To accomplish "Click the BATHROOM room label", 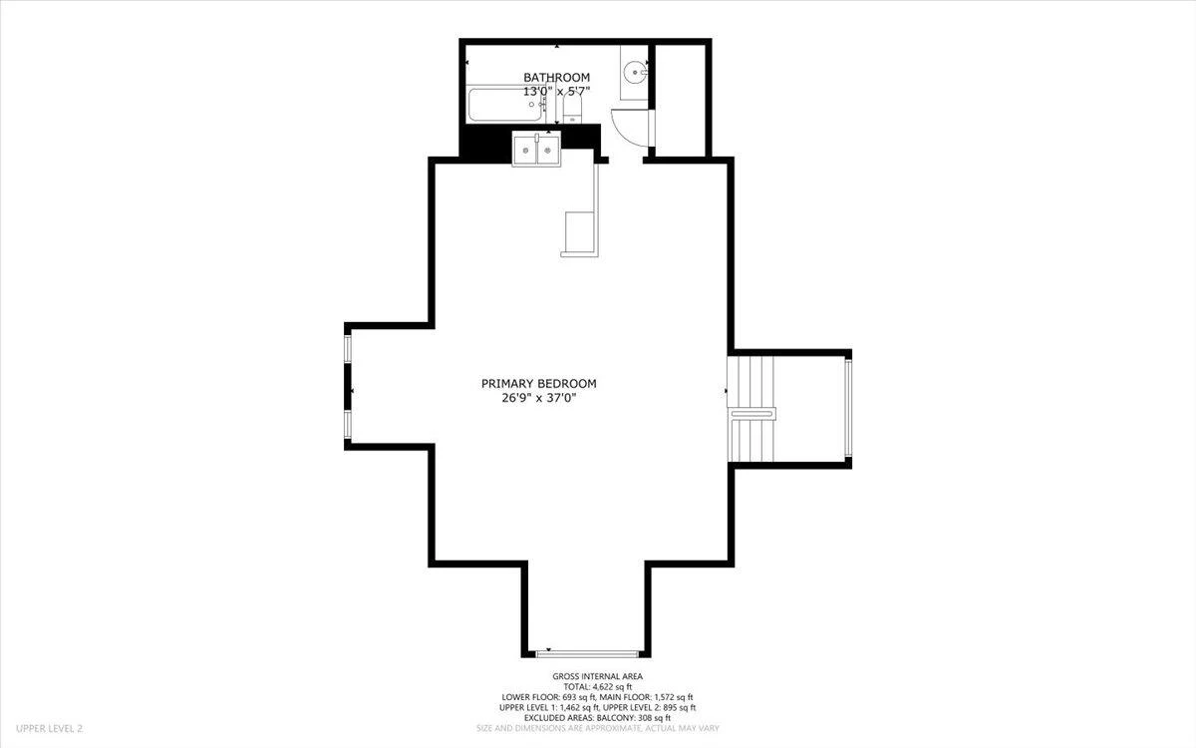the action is click(x=556, y=78).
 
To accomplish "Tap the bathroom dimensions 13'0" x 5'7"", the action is click(x=556, y=92).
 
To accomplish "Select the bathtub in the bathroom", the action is click(x=506, y=105).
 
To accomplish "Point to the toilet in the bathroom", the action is click(x=572, y=108).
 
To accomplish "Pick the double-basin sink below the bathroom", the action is click(x=536, y=149).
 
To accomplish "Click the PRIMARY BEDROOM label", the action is click(x=539, y=384).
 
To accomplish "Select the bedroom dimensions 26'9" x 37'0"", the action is click(x=540, y=398).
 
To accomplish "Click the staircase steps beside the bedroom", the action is click(x=750, y=409).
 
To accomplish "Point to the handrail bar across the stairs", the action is click(x=752, y=414).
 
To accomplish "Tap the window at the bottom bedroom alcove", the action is click(x=587, y=654).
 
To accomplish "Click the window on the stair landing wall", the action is click(x=848, y=409).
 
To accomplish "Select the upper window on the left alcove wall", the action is click(x=348, y=348).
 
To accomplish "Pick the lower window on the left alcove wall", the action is click(x=348, y=425).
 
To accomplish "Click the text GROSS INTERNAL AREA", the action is click(x=597, y=676).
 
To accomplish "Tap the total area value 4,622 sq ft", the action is click(x=612, y=686).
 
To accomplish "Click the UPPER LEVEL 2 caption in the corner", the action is click(x=49, y=728).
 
